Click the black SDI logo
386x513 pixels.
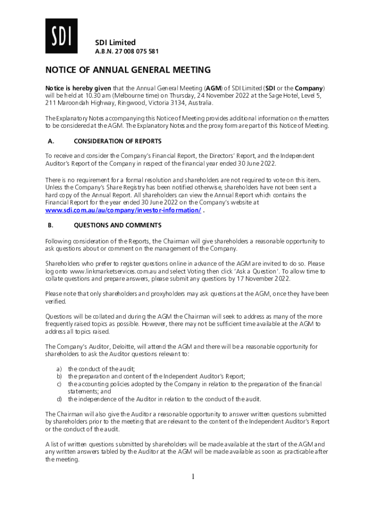(x=61, y=36)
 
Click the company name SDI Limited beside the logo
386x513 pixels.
(x=115, y=42)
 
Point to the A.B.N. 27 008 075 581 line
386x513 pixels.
(x=127, y=51)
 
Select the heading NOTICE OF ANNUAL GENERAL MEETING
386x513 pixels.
(x=128, y=70)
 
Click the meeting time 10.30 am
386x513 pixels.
(x=98, y=95)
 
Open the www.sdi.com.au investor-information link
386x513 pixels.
(x=123, y=210)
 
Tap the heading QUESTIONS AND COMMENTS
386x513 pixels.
(x=117, y=225)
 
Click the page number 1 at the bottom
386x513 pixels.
(x=192, y=476)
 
